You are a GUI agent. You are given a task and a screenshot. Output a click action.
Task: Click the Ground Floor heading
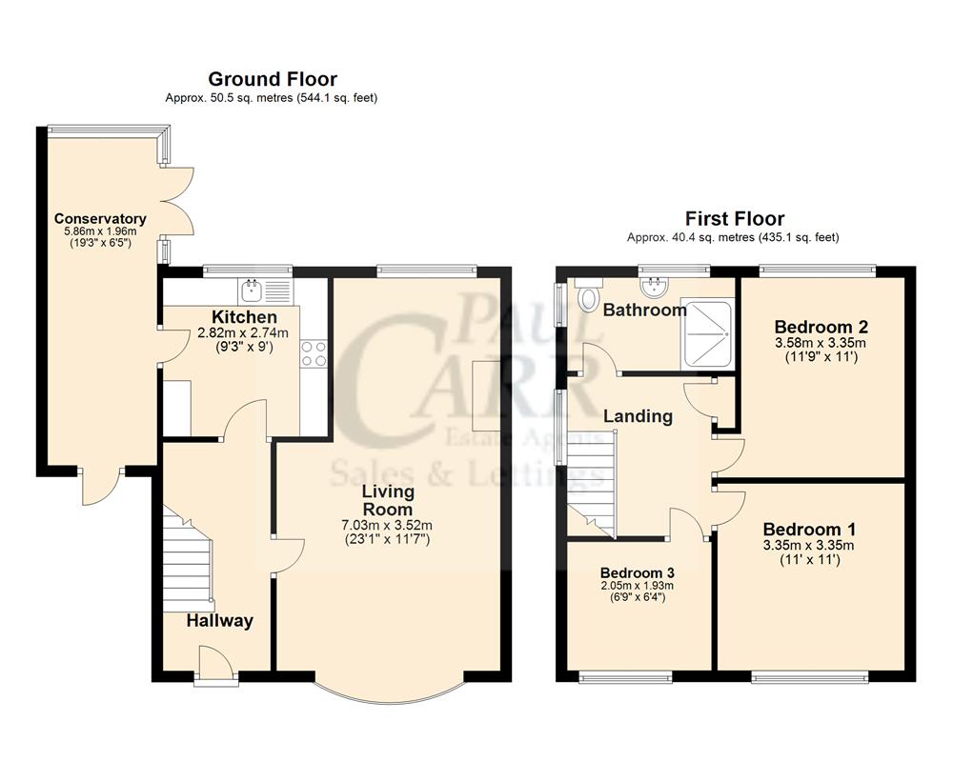click(272, 79)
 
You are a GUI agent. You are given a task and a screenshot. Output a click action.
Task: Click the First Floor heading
click(734, 219)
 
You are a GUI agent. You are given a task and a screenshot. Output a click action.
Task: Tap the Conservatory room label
click(99, 219)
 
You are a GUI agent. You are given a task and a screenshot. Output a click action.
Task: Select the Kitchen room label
click(244, 317)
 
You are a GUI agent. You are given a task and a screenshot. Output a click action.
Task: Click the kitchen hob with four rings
click(314, 354)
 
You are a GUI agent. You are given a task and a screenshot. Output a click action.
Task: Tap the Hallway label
click(219, 621)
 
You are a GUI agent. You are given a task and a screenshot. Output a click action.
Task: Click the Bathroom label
click(644, 311)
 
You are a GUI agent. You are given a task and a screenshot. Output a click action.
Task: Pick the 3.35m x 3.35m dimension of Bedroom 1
click(807, 546)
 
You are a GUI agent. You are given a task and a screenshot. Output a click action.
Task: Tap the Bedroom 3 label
click(638, 572)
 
